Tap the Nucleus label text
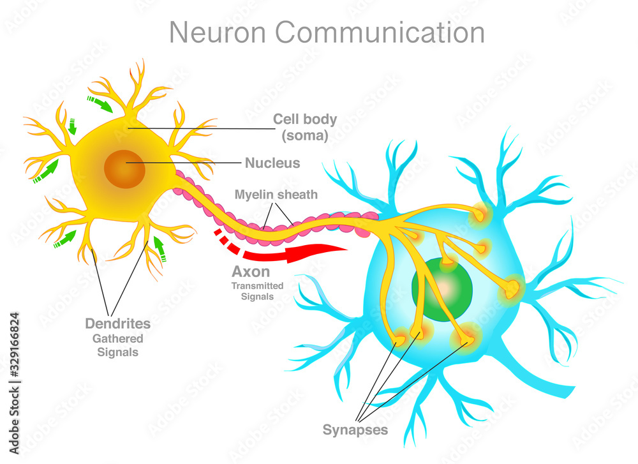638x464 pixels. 272,163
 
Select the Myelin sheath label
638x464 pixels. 276,194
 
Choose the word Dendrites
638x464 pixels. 118,324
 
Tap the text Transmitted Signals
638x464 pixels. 257,291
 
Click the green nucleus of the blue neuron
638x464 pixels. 441,288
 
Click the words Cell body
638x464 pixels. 305,119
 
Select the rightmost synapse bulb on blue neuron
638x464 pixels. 512,291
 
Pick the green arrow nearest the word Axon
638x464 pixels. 159,250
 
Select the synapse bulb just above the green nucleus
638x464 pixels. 448,261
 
